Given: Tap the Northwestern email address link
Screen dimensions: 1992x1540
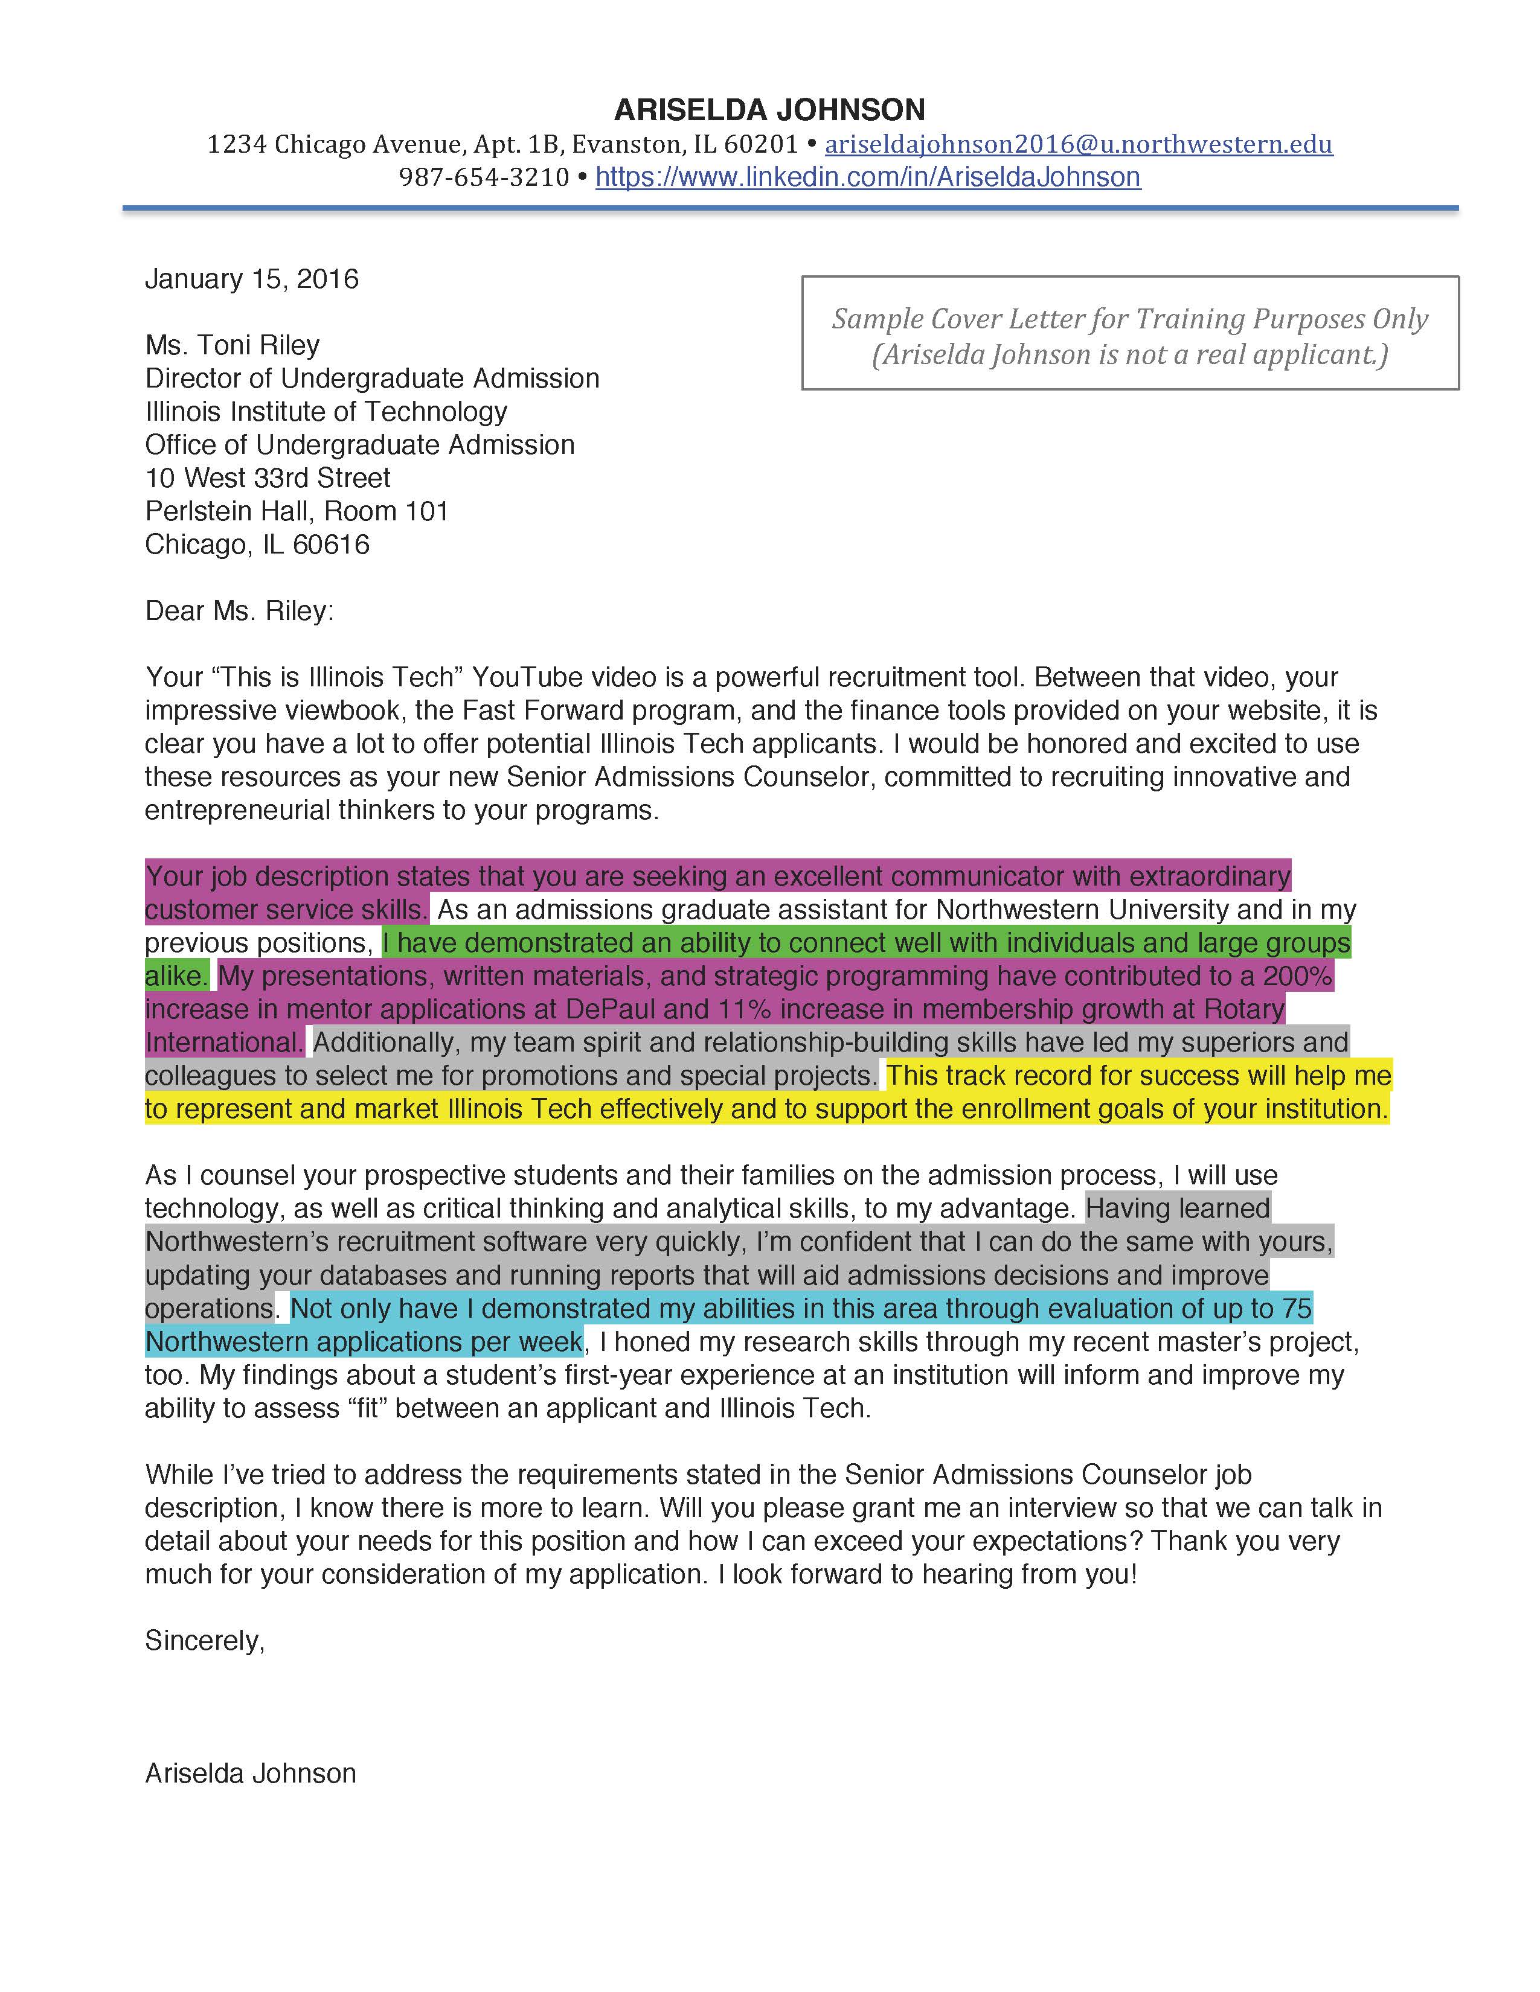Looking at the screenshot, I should click(1079, 144).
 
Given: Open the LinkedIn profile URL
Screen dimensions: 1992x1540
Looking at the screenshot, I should click(868, 177).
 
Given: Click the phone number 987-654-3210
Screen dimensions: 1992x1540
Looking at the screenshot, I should click(484, 177).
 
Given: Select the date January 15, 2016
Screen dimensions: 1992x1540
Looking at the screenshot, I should click(252, 279).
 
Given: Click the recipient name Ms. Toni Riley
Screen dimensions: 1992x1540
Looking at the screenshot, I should click(233, 345).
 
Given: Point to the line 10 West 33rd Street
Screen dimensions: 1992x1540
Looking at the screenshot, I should click(268, 478).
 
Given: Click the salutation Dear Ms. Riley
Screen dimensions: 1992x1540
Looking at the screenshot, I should click(239, 611).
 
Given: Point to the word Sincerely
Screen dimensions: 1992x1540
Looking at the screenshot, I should click(204, 1641).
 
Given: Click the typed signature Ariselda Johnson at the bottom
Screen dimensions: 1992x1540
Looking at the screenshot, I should click(250, 1773).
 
